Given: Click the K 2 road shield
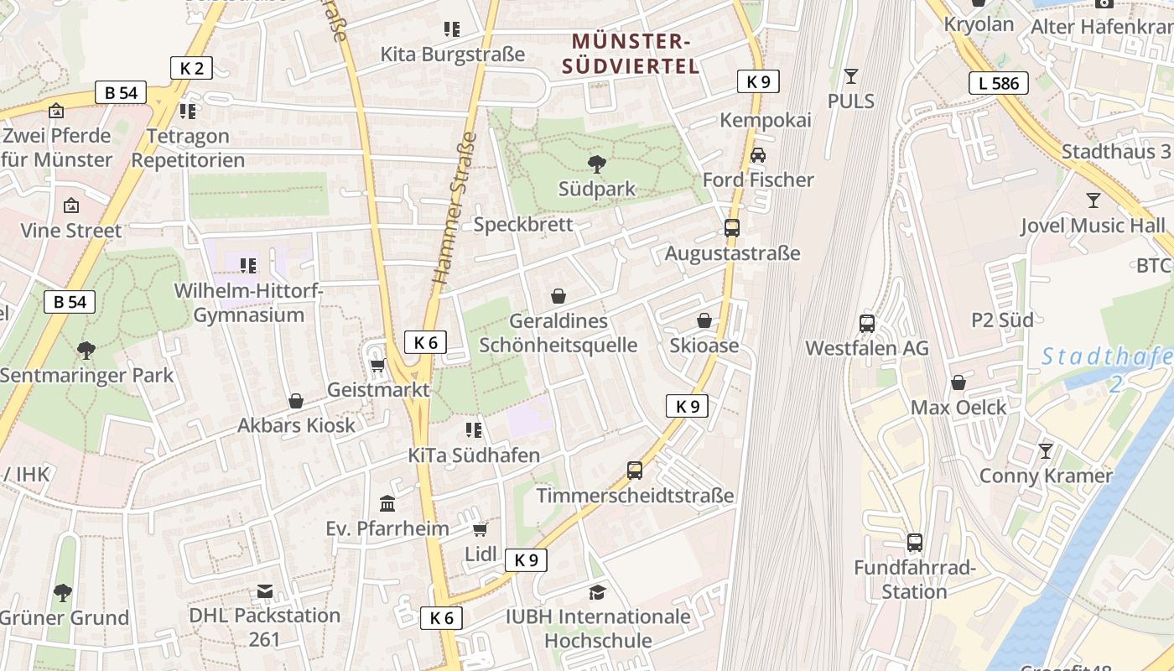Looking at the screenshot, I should point(191,68).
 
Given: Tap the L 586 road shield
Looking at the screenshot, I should point(999,82).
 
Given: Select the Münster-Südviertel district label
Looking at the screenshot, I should point(631,54).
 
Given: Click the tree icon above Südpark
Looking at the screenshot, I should point(597,164).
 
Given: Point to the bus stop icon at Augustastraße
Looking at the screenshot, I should point(732,228).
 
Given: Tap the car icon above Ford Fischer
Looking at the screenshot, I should point(758,155).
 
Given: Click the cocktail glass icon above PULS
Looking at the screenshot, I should point(851,76).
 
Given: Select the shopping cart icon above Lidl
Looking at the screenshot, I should point(481,529).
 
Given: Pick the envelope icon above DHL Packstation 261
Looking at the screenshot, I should point(265,591).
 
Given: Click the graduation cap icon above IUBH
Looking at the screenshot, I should point(597,593).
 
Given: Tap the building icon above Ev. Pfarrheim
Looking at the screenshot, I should point(387,503).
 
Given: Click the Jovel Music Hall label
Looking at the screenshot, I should point(1093,226).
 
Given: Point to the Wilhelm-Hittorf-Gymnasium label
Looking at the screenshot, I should point(249,303).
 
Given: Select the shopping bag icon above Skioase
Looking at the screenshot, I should point(704,320).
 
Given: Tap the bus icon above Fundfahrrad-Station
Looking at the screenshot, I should point(915,543).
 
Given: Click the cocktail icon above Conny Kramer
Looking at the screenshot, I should point(1045,451).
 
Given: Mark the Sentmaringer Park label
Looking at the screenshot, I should point(86,375).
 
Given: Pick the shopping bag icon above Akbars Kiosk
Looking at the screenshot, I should point(296,401).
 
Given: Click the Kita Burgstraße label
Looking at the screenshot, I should point(453,55).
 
